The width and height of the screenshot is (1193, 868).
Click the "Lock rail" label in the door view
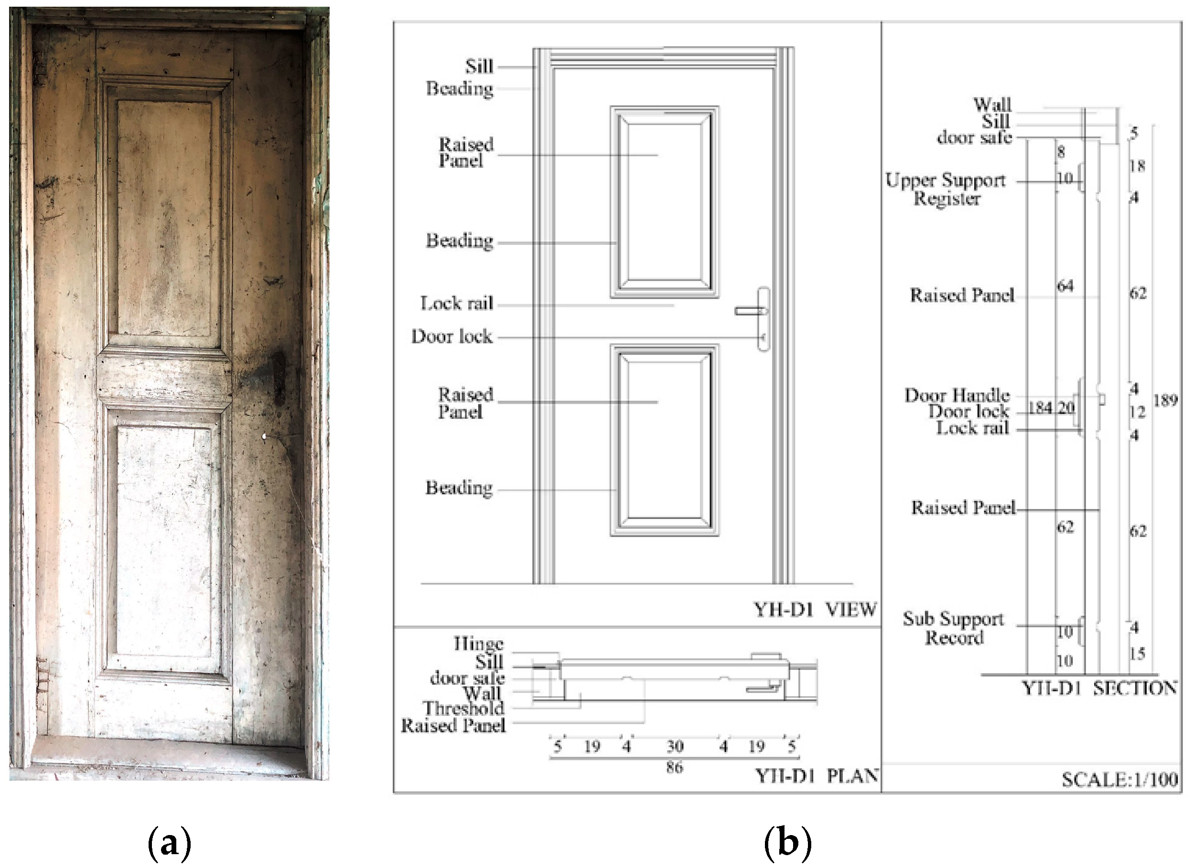pos(457,303)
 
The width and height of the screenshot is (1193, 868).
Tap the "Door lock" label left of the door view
pos(452,337)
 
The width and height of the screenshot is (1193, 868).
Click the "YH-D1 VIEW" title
pos(815,609)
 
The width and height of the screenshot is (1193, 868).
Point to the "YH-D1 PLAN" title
pos(817,776)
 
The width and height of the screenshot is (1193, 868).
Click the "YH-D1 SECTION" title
pos(1099,688)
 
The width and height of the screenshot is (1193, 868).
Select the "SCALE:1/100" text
pos(1119,780)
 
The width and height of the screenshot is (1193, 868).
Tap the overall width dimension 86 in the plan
pos(674,767)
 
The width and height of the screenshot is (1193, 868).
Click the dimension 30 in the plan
pos(675,746)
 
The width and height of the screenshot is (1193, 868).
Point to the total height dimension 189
pos(1165,401)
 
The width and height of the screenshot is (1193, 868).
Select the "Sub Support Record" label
pos(954,628)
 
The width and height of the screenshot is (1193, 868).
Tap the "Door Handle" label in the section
pos(957,395)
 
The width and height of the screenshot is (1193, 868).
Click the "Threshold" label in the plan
pos(463,708)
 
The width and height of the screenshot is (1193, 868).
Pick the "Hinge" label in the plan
pos(478,644)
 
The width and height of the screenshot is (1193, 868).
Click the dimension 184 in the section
pos(1040,407)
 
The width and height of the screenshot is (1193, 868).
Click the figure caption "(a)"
pos(170,843)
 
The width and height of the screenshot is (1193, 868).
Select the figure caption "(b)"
pos(787,843)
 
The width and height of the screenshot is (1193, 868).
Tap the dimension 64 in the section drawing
pos(1065,286)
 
